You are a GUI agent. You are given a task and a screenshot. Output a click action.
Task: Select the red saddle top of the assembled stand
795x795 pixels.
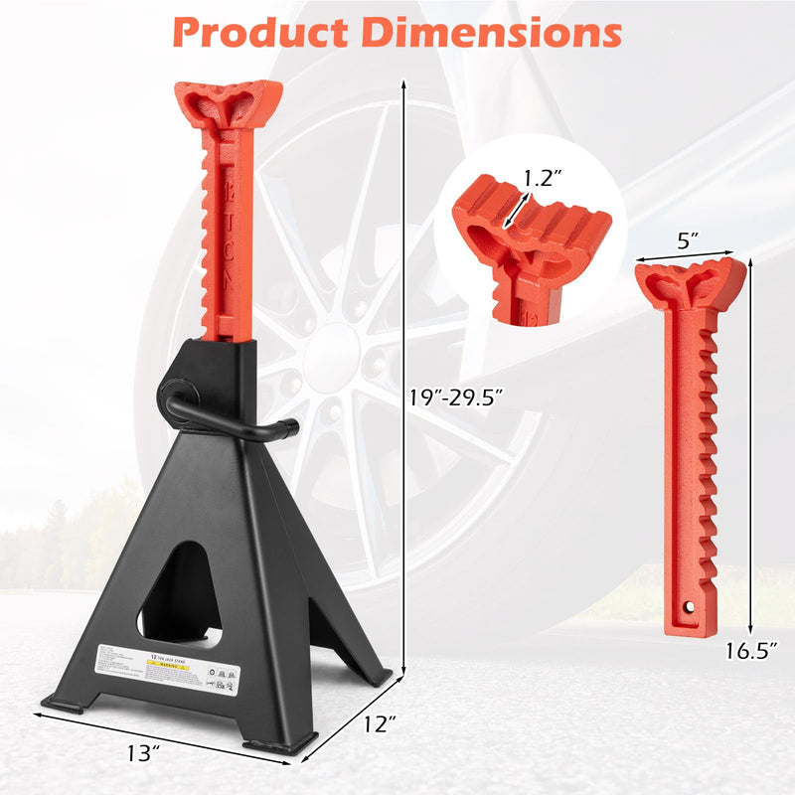(229, 105)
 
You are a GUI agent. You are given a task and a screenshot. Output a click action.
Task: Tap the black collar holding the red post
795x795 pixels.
(228, 383)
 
